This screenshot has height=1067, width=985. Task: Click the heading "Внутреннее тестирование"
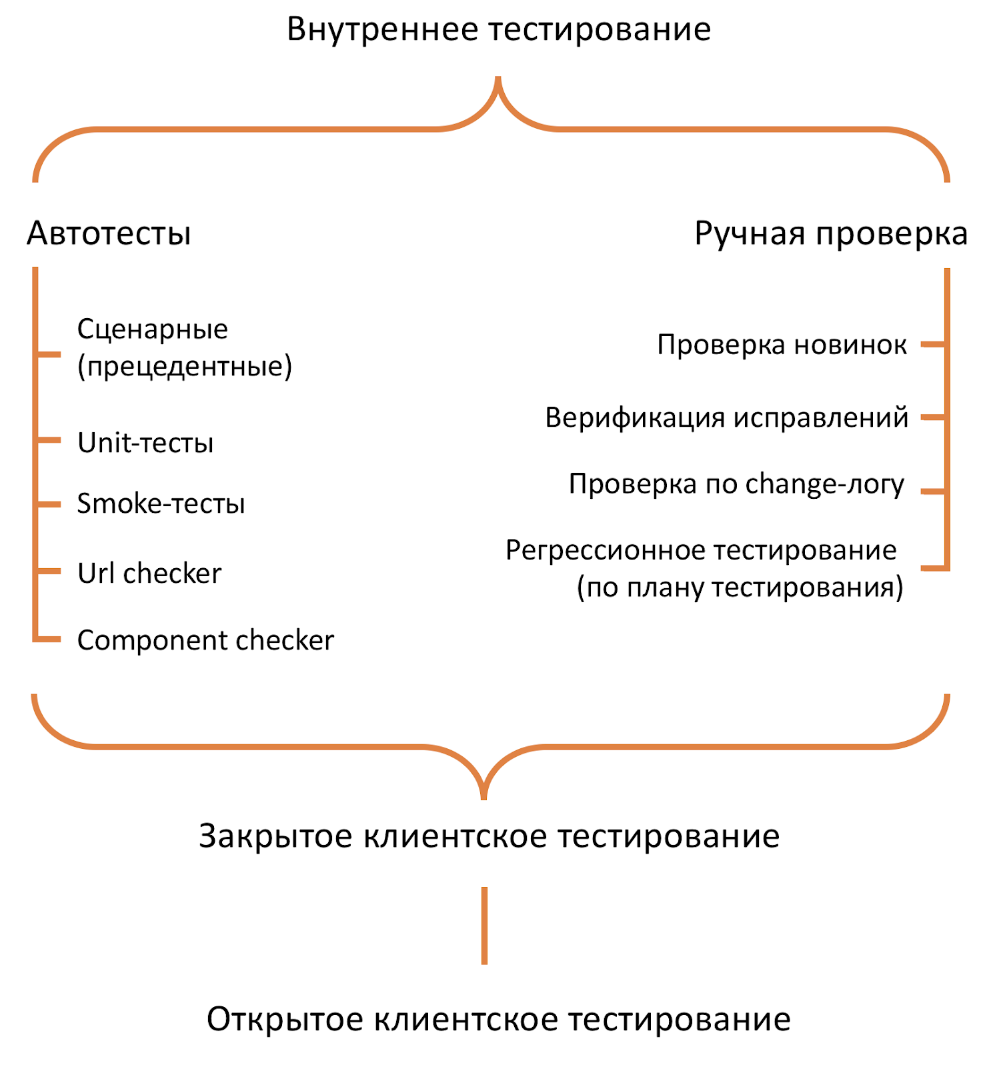tap(498, 30)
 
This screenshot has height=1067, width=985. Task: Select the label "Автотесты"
tap(109, 234)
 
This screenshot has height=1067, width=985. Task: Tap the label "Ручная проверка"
tap(830, 234)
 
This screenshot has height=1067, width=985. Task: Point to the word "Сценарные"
tap(152, 329)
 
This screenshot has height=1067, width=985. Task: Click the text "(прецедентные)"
tap(185, 366)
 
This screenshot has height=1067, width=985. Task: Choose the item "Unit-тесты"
tap(145, 443)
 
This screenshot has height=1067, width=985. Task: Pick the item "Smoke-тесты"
tap(161, 503)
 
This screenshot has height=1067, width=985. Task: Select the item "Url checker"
tap(149, 574)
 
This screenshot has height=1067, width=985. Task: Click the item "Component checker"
tap(205, 640)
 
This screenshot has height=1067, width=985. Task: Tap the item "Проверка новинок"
tap(782, 345)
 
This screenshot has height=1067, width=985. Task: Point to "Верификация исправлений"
tap(726, 417)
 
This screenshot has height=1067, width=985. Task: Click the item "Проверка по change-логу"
tap(736, 484)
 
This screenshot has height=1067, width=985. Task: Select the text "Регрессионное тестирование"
tap(701, 551)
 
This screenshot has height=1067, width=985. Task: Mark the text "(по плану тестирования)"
tap(740, 588)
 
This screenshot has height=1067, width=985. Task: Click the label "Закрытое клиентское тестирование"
tap(489, 836)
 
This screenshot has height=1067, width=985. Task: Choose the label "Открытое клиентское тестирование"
tap(498, 1020)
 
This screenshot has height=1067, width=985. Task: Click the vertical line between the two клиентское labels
tap(484, 926)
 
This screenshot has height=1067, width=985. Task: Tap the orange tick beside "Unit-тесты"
tap(49, 440)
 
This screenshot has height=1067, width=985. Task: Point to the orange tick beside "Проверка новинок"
tap(932, 345)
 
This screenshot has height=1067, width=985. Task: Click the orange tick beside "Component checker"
tap(49, 640)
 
